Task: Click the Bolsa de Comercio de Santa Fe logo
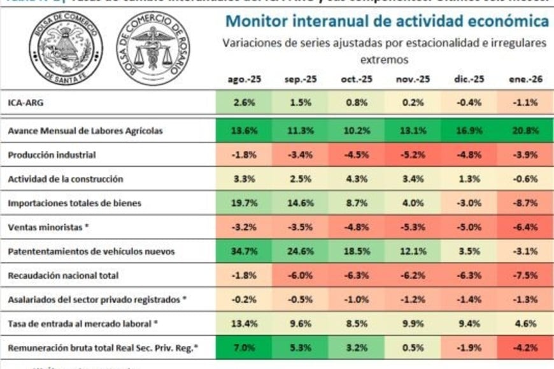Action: click(x=66, y=46)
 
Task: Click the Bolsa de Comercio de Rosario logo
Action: click(x=153, y=48)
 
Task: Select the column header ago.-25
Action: click(x=244, y=80)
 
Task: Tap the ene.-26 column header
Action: click(x=522, y=80)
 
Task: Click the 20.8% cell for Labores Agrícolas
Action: click(x=522, y=131)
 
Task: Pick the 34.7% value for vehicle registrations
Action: click(x=244, y=252)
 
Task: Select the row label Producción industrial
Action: click(x=52, y=155)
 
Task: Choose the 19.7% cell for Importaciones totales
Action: click(x=244, y=204)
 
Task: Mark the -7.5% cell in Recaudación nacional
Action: click(x=522, y=276)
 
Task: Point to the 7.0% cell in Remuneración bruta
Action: click(x=244, y=348)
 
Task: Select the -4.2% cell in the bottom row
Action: click(x=522, y=348)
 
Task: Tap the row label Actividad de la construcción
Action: click(x=65, y=179)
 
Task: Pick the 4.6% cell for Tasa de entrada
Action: click(x=522, y=324)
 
